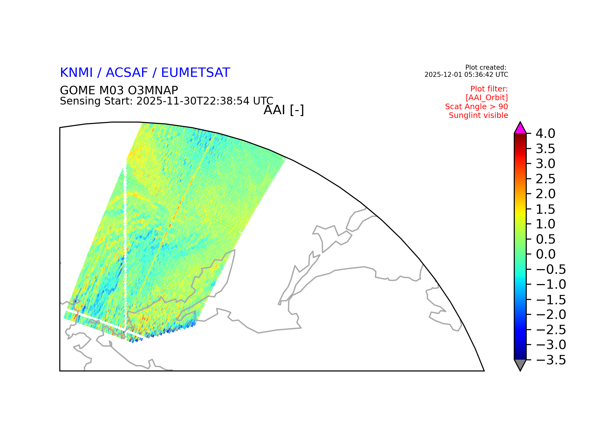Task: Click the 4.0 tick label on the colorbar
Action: coord(545,134)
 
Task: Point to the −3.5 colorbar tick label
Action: coord(551,360)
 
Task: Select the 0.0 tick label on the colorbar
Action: coord(545,254)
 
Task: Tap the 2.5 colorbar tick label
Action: coord(545,179)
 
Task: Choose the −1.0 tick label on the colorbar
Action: coord(551,285)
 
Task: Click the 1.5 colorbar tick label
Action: coord(545,209)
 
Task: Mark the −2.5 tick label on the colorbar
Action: coord(551,330)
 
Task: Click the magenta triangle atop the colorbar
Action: coord(520,129)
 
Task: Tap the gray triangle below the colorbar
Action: coord(520,364)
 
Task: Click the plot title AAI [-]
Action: coord(284,110)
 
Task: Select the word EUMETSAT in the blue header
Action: coord(196,72)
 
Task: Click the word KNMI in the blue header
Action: coord(76,72)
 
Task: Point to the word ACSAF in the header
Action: coord(127,72)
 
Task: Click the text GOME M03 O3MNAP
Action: coord(119,91)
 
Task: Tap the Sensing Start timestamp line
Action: coord(167,101)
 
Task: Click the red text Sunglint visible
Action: coord(478,115)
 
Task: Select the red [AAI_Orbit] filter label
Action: coord(487,98)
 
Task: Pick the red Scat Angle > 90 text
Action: coord(477,107)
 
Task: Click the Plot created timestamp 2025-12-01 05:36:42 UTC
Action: coord(466,75)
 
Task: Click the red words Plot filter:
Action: coord(489,89)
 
